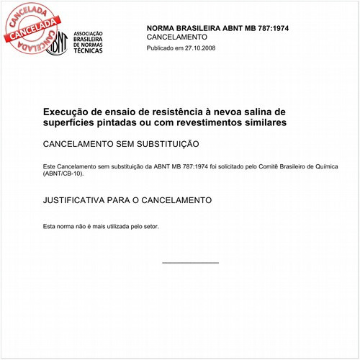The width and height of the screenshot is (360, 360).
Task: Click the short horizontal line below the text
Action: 190,263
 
